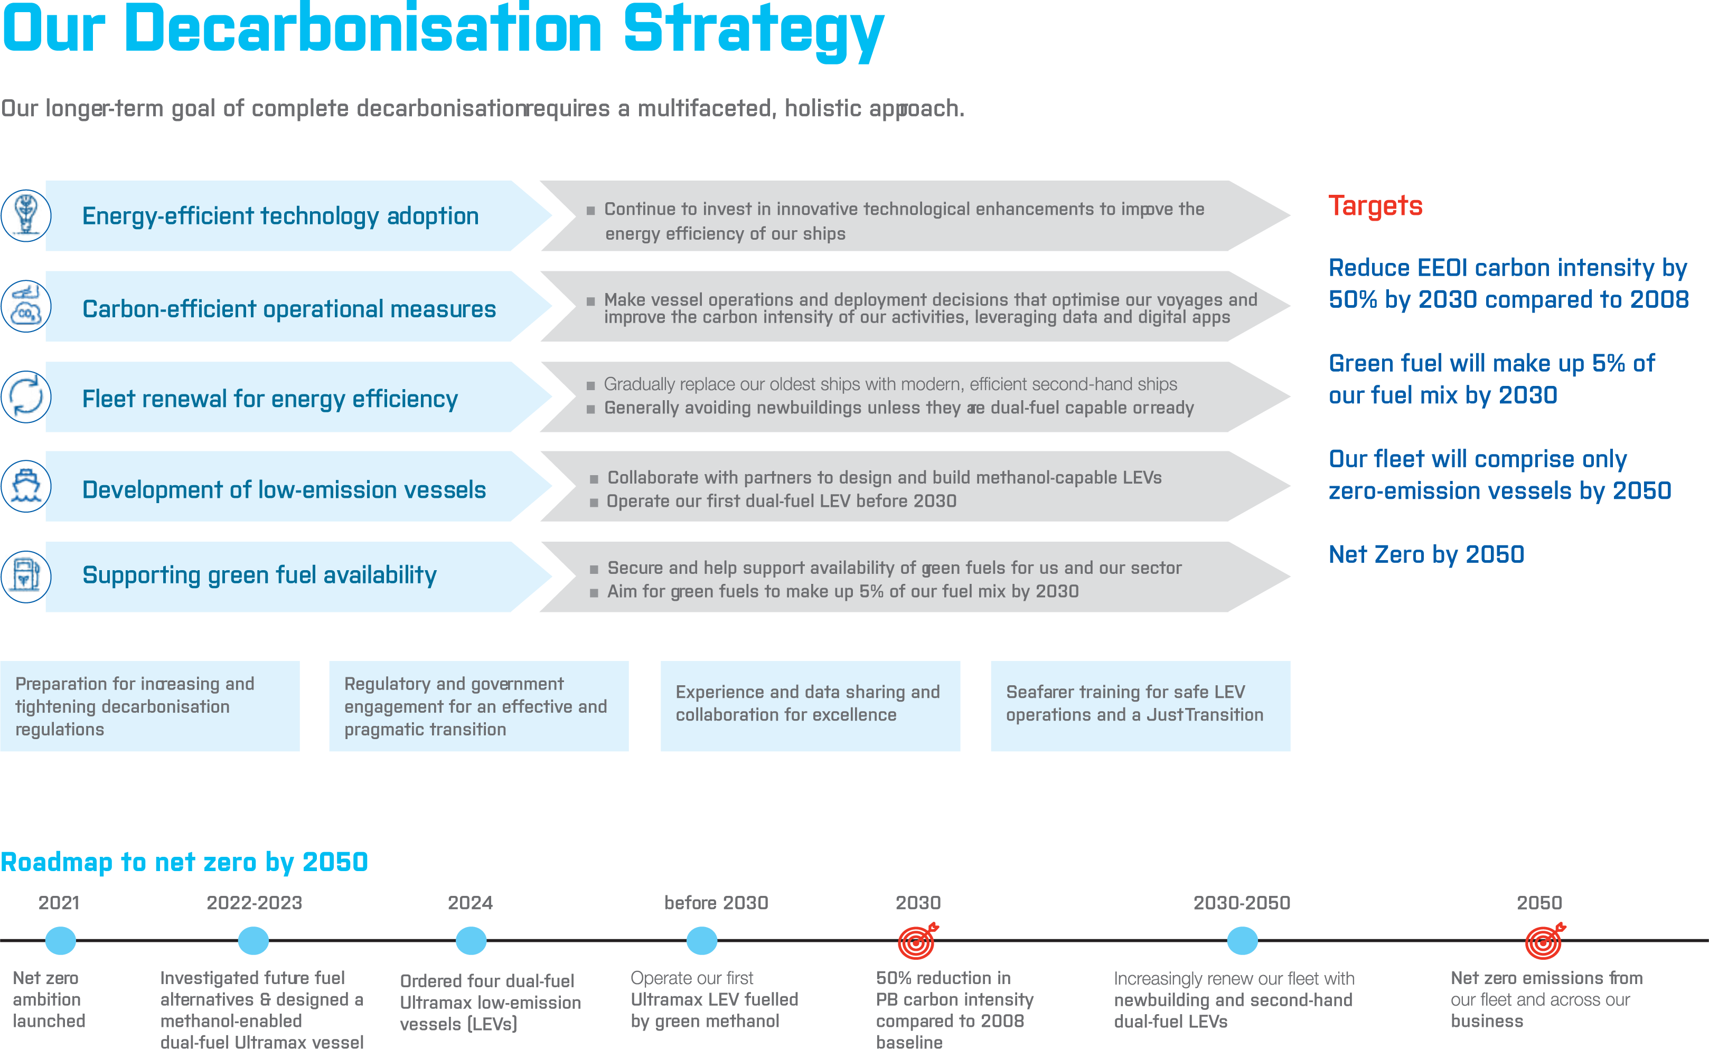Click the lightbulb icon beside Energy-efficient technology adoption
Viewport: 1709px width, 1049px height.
(x=26, y=216)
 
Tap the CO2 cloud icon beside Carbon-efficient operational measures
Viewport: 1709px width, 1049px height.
(x=26, y=306)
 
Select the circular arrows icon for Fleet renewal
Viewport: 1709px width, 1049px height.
(x=26, y=397)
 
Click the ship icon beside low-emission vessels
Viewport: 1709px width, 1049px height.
(x=26, y=486)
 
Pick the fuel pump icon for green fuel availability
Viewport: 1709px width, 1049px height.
(x=26, y=577)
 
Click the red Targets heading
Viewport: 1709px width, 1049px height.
(x=1375, y=206)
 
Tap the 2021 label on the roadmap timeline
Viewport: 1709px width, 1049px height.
(x=59, y=903)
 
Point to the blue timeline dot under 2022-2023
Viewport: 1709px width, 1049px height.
(x=253, y=941)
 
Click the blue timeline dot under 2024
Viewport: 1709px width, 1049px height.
(x=471, y=941)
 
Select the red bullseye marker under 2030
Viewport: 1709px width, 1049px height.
(x=917, y=941)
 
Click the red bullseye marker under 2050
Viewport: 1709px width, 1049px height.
(x=1545, y=941)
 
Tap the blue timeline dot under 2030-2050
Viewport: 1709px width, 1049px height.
(x=1242, y=941)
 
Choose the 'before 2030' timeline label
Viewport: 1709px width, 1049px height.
(x=716, y=903)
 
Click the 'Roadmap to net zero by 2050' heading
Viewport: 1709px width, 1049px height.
(x=184, y=862)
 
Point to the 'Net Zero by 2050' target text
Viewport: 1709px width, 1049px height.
(x=1426, y=554)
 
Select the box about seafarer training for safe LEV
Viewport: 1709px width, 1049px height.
(x=1141, y=705)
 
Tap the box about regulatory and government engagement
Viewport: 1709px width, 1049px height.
(x=479, y=705)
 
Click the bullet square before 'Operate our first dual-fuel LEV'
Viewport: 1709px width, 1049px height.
(x=594, y=502)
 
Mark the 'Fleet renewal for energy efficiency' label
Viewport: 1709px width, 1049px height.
(x=270, y=399)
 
